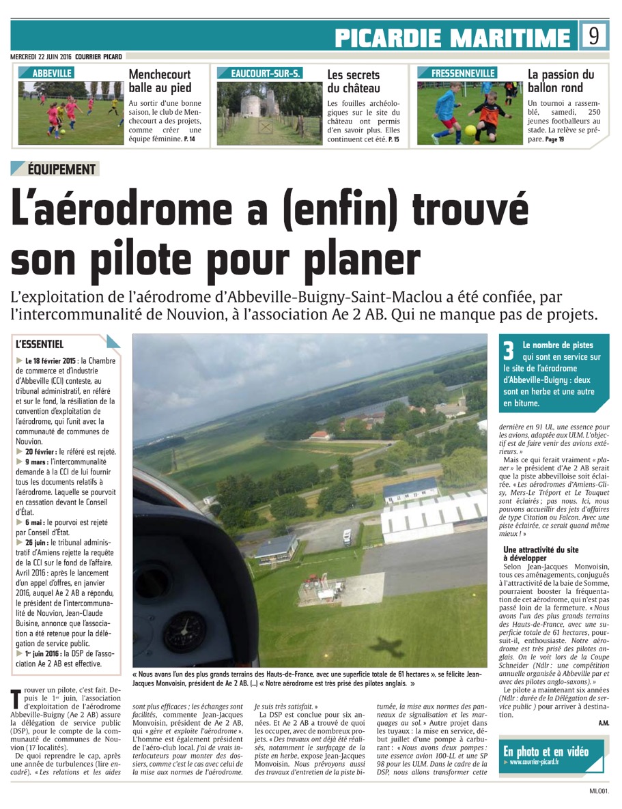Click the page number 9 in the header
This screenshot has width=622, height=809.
(x=593, y=36)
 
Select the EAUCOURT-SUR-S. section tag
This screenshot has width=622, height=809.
(x=259, y=73)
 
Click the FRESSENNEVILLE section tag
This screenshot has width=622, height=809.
(x=464, y=73)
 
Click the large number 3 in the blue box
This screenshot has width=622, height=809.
(x=508, y=351)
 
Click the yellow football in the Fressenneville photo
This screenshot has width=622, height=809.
(x=470, y=129)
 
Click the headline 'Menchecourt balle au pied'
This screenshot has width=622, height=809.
(x=160, y=81)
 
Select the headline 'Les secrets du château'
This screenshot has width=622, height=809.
(x=353, y=81)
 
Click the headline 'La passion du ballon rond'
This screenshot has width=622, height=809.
(x=561, y=81)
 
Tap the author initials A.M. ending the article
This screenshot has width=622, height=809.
(x=604, y=722)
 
